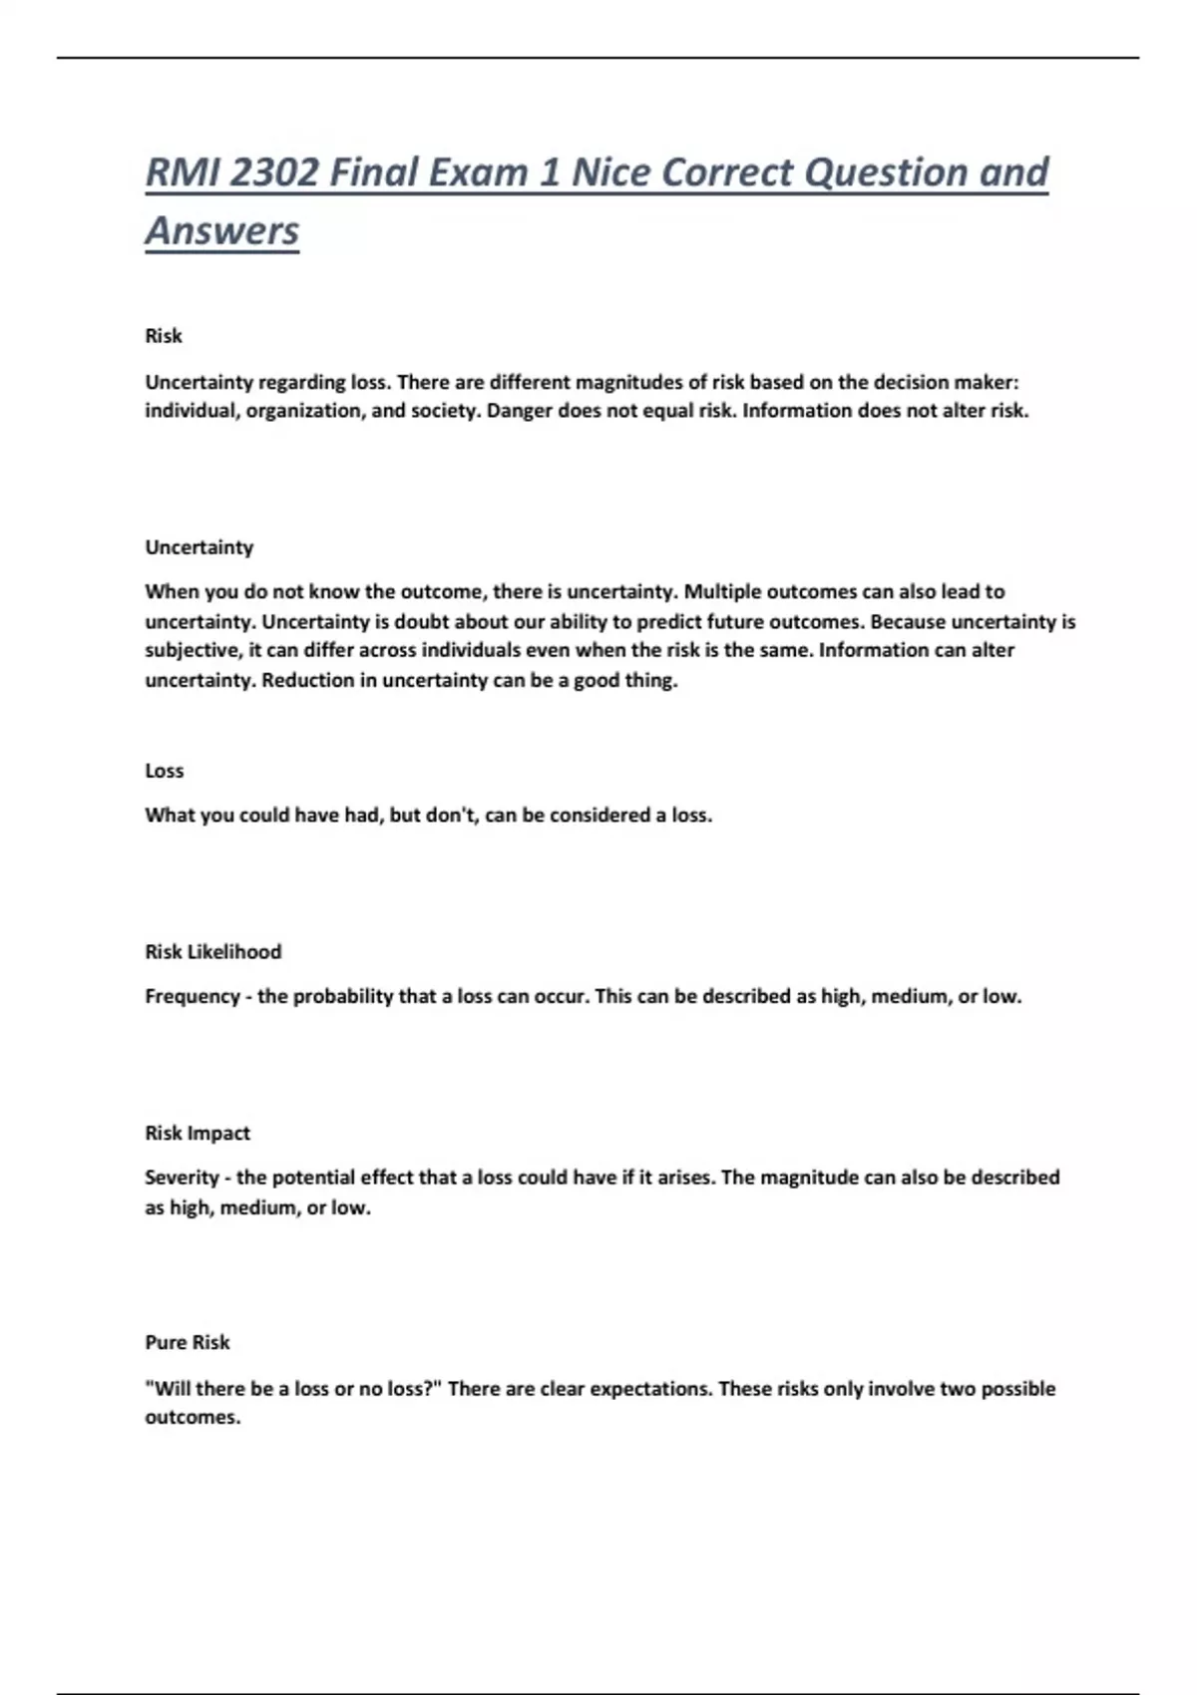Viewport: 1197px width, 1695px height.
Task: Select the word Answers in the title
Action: tap(221, 230)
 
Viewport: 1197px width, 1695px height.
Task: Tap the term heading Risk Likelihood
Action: tap(212, 951)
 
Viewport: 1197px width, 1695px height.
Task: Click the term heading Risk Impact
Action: tap(197, 1133)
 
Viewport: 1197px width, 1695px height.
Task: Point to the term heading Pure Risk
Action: tap(187, 1342)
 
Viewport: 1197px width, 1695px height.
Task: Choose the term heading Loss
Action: tap(164, 770)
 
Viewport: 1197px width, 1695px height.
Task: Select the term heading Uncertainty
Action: tap(199, 546)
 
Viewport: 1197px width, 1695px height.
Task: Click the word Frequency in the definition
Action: tap(192, 996)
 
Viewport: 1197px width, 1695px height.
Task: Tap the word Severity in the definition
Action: tap(181, 1178)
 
